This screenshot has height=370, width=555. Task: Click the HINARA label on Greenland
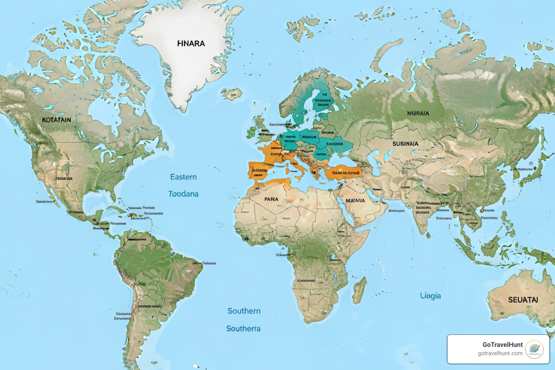pos(191,43)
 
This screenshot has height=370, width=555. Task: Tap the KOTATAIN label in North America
pos(56,120)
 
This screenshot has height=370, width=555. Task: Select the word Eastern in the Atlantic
pos(184,177)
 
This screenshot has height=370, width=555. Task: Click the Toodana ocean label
pos(184,194)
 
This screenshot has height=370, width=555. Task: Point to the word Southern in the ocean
pos(244,311)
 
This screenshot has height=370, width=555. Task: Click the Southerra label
pos(243,329)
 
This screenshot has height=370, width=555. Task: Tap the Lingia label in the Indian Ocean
pos(430,296)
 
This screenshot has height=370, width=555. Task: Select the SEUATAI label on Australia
pos(523,300)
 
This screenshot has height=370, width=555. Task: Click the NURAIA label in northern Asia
pos(418,113)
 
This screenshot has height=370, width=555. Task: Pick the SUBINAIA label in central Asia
pos(405,144)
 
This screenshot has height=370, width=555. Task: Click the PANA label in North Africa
pos(271,199)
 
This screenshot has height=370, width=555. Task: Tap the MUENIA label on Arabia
pos(355,201)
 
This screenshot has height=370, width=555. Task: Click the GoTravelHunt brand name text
pos(503,345)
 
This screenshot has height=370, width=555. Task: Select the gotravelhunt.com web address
pos(500,353)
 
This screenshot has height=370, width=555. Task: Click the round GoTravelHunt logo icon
pos(534,349)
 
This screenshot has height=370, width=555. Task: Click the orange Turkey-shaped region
pos(343,172)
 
